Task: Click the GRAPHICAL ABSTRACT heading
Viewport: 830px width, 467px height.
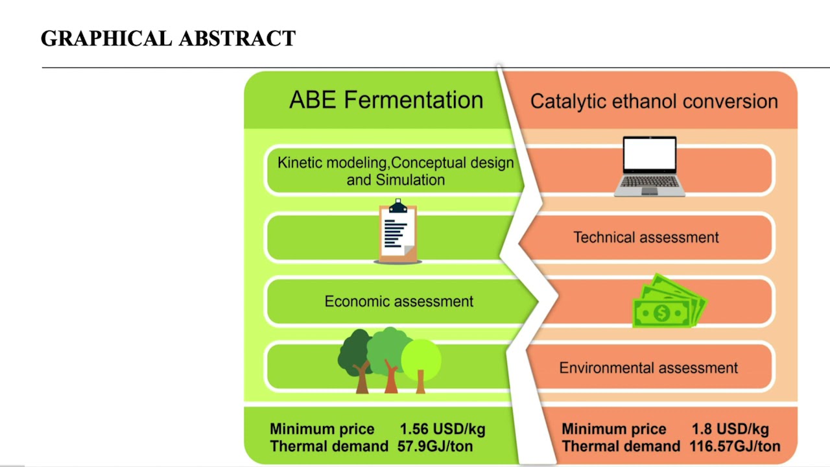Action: tap(168, 39)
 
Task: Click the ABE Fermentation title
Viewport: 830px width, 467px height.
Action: tap(386, 100)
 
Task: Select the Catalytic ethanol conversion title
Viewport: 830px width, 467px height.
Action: tap(654, 101)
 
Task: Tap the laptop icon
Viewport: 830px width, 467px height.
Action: tap(649, 167)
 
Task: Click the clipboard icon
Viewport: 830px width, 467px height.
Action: tap(397, 232)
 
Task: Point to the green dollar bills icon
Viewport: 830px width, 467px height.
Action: tap(668, 302)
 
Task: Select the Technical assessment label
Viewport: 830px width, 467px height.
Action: tap(646, 237)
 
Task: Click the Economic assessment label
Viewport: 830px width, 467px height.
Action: tap(399, 302)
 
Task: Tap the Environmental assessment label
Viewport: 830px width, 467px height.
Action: tap(648, 368)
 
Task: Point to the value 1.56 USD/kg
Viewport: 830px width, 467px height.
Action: tap(442, 429)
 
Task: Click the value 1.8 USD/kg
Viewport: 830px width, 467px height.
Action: tap(729, 429)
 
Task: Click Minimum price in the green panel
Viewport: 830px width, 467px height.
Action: tap(322, 429)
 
